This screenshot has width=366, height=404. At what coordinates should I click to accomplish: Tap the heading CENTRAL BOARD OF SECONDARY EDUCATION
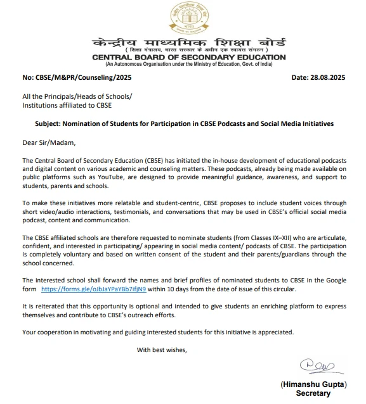[x=189, y=58]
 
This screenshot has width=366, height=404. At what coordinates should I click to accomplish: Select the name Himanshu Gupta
[x=313, y=384]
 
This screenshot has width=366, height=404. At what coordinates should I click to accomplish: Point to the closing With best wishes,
[x=162, y=350]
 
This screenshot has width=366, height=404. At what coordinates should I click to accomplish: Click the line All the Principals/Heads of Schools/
[x=77, y=96]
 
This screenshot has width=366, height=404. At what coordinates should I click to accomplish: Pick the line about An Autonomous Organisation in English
[x=189, y=65]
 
